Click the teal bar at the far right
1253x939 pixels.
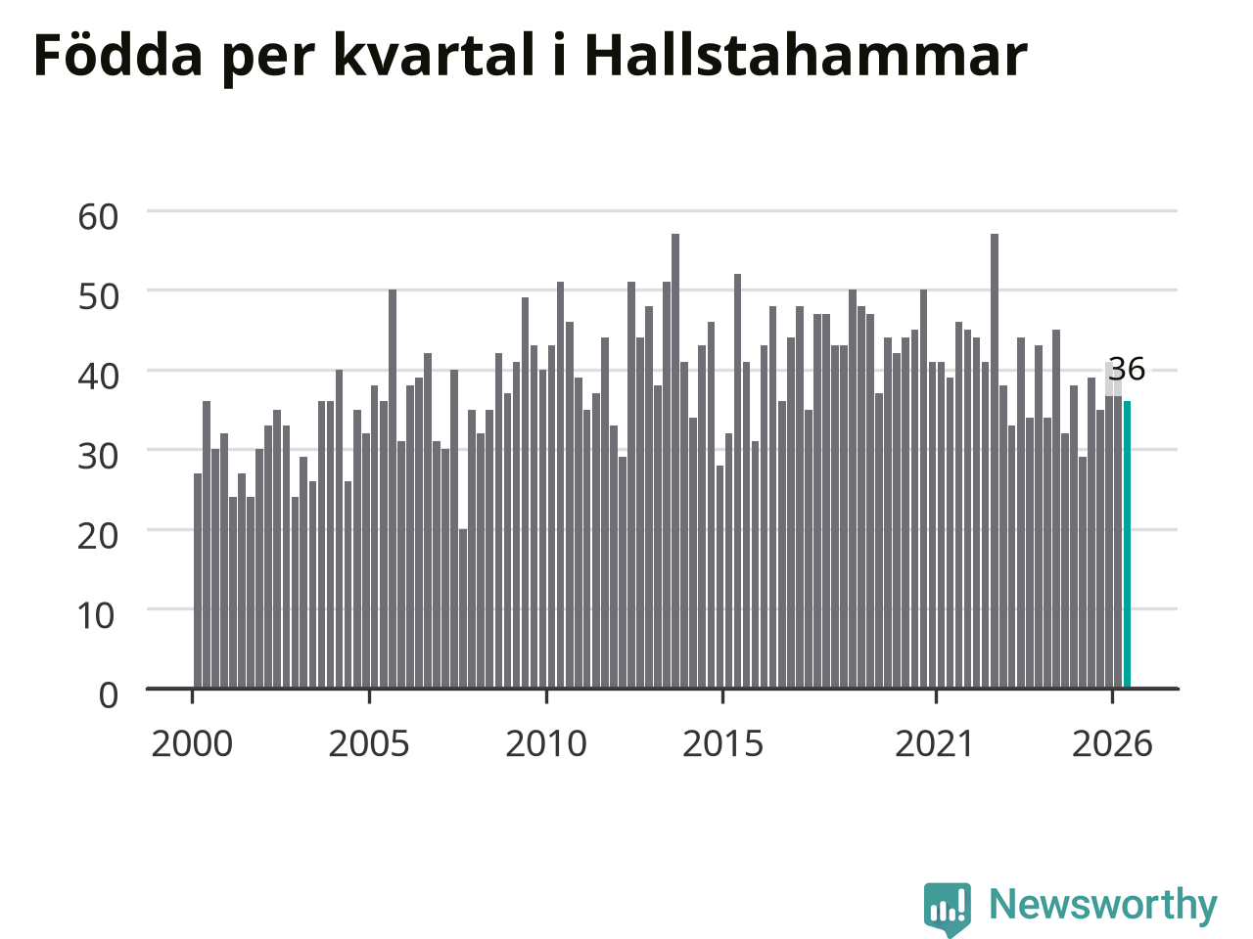[x=1127, y=545]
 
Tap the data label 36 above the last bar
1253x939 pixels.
[x=1127, y=369]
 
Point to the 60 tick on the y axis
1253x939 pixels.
[x=98, y=217]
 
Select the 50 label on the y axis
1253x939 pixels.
[x=98, y=297]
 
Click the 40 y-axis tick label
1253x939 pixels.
[x=98, y=377]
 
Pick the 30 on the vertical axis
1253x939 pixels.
[x=98, y=457]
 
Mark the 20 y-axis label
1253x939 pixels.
[x=98, y=536]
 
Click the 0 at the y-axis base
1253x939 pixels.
[x=109, y=696]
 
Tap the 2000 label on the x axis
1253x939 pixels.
[x=192, y=744]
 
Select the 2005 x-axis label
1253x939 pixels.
[x=369, y=744]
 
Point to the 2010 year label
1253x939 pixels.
[x=546, y=744]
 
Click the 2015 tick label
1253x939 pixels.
[x=722, y=744]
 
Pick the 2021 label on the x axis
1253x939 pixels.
[x=934, y=744]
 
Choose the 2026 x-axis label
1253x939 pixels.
[x=1112, y=744]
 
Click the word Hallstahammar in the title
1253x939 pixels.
[x=806, y=56]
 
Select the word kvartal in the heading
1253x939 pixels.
[x=434, y=55]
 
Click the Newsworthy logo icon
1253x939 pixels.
[x=947, y=907]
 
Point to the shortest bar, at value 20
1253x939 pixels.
[x=463, y=608]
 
